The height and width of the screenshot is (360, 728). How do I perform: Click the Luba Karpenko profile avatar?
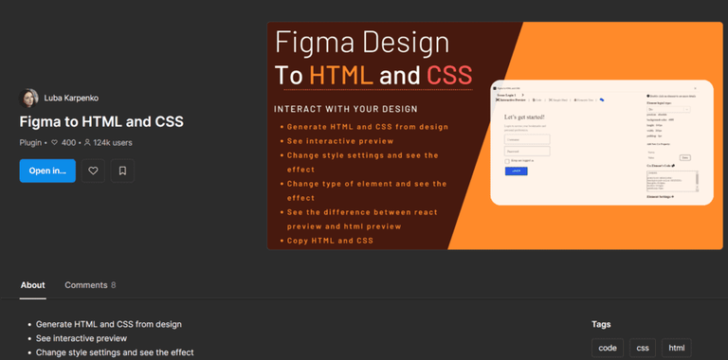pyautogui.click(x=28, y=98)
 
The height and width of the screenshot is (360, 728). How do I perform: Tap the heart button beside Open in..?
pyautogui.click(x=93, y=171)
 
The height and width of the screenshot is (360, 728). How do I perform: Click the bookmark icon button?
pyautogui.click(x=121, y=171)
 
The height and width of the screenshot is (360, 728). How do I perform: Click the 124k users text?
pyautogui.click(x=107, y=143)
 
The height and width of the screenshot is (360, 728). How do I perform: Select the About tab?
pyautogui.click(x=32, y=285)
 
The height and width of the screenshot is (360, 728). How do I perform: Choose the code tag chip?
pyautogui.click(x=607, y=348)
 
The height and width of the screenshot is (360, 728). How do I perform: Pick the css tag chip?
pyautogui.click(x=643, y=348)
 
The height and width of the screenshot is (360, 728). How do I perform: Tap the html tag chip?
pyautogui.click(x=677, y=348)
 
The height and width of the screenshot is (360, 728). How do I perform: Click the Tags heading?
pyautogui.click(x=601, y=324)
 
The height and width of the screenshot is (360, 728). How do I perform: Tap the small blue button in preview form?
pyautogui.click(x=517, y=171)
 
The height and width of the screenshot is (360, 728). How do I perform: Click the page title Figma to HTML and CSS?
pyautogui.click(x=101, y=121)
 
